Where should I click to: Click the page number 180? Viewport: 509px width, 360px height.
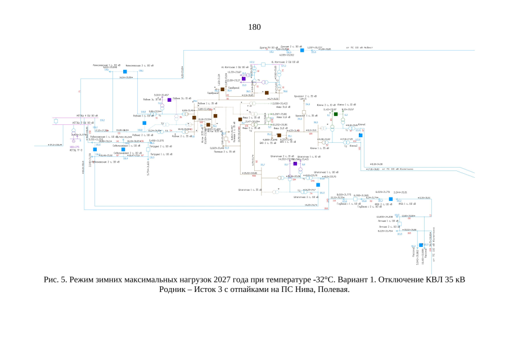[254, 27]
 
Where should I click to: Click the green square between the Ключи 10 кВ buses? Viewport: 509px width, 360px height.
[335, 114]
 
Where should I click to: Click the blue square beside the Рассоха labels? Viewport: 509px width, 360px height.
[421, 245]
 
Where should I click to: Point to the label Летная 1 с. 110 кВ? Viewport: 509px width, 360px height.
[388, 221]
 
